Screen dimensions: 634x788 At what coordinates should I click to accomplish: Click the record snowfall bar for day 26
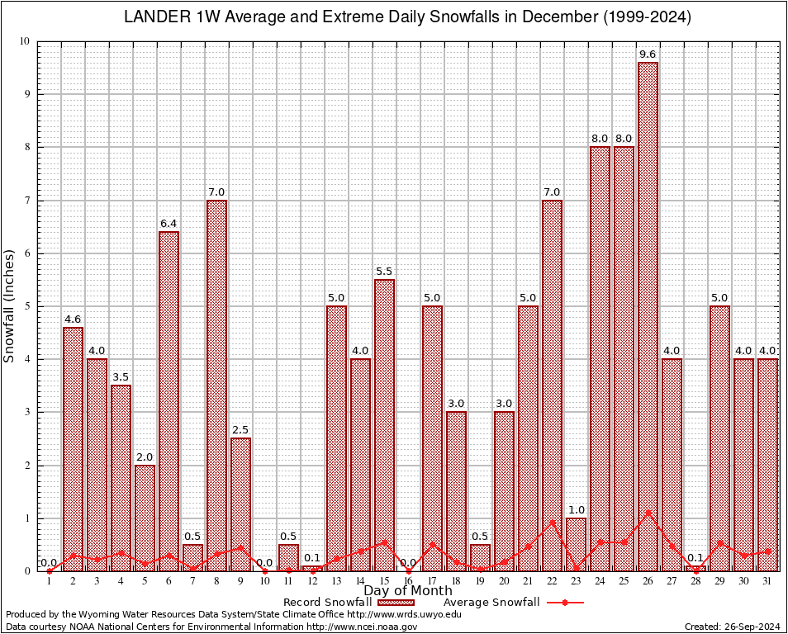coord(648,314)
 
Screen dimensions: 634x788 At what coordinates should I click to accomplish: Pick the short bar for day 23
coord(576,544)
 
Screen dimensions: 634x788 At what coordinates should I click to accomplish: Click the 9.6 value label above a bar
coord(648,54)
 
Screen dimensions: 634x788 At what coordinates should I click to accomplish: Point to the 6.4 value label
coord(169,224)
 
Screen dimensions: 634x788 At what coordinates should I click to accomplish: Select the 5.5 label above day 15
coord(384,272)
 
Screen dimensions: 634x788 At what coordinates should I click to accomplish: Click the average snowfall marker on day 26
coord(648,512)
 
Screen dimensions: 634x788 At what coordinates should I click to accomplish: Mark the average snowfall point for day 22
coord(552,522)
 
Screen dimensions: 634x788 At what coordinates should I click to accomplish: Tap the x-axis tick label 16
coord(408,580)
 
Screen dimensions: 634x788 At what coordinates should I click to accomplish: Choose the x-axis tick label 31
coord(767,580)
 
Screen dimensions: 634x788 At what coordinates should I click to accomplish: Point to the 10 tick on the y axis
coord(24,41)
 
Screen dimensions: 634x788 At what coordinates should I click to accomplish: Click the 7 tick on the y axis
coord(26,201)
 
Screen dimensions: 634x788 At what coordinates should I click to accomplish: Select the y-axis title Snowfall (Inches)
coord(10,305)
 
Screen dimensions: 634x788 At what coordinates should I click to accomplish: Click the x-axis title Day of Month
coord(408,591)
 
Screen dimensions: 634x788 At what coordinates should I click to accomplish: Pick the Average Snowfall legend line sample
coord(564,603)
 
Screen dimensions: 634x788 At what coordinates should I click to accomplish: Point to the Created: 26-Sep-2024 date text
coord(733,627)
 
